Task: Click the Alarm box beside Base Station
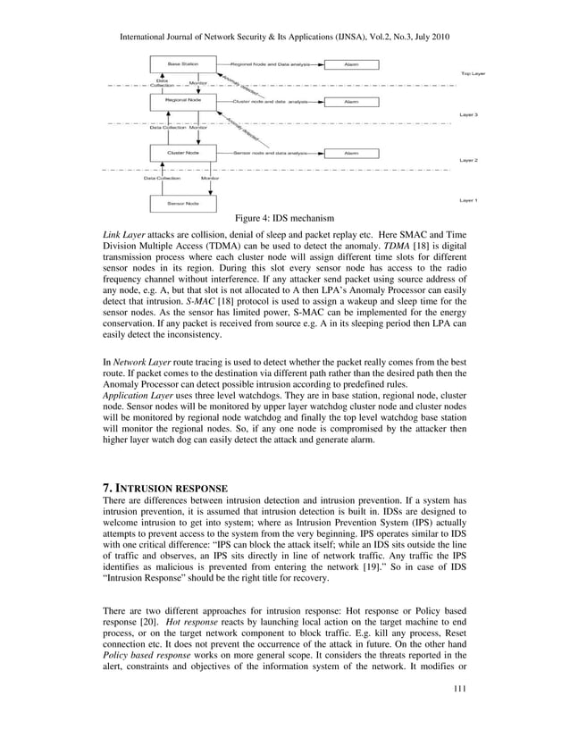point(352,64)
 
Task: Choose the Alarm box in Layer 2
point(352,153)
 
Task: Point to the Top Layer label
point(473,73)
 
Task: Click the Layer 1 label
point(469,200)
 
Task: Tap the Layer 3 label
point(469,115)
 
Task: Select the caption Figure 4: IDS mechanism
point(284,218)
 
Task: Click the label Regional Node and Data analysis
point(271,64)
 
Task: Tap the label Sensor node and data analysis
point(271,153)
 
